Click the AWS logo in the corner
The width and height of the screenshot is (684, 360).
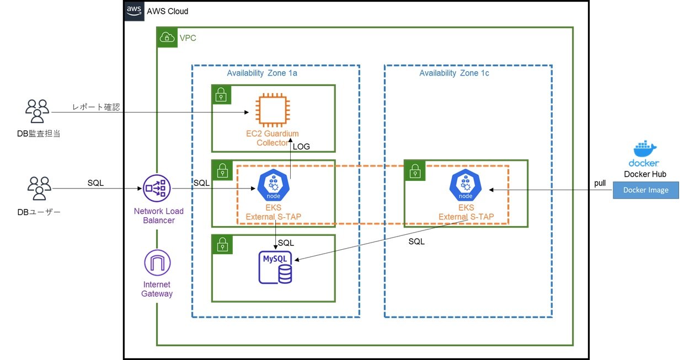[134, 11]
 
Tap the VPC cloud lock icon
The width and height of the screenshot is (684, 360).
[167, 37]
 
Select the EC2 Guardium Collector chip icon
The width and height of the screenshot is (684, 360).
[272, 110]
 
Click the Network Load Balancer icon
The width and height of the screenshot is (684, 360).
[157, 188]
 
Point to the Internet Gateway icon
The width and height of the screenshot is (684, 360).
[157, 262]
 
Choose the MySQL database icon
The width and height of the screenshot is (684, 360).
[275, 267]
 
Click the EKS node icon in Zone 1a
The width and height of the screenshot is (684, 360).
[273, 185]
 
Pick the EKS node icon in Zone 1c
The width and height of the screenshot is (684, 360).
[466, 185]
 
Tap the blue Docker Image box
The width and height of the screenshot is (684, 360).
[646, 190]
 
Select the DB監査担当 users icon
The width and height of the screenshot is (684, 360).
[38, 111]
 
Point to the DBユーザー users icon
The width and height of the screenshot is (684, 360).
[39, 188]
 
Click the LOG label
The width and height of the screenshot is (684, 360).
[301, 147]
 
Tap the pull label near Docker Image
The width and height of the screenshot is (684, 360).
[600, 183]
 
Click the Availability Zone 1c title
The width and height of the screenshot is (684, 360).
[454, 73]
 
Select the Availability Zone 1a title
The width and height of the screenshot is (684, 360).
[261, 73]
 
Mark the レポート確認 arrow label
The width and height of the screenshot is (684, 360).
[96, 107]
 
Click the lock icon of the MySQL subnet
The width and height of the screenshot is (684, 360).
[222, 244]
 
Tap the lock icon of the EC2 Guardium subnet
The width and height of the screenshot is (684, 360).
[221, 95]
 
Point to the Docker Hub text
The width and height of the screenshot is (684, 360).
[645, 174]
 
